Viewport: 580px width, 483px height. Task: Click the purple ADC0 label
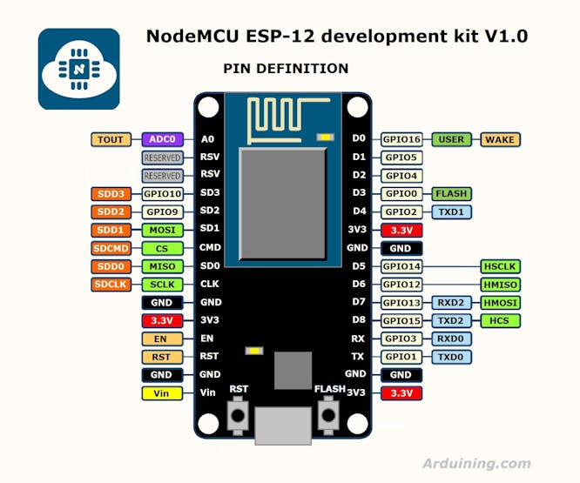pyautogui.click(x=162, y=139)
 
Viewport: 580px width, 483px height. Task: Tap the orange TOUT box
pyautogui.click(x=111, y=139)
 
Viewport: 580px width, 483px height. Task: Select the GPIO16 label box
pyautogui.click(x=401, y=139)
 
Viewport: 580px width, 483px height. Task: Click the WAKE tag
pyautogui.click(x=500, y=139)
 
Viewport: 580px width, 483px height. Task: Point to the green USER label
pyautogui.click(x=451, y=139)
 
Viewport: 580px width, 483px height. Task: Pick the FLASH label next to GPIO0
pyautogui.click(x=451, y=194)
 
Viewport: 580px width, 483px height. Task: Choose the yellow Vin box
pyautogui.click(x=162, y=393)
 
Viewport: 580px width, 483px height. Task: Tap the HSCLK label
pyautogui.click(x=500, y=266)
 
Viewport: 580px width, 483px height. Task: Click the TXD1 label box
pyautogui.click(x=451, y=212)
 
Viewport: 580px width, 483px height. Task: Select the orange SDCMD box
pyautogui.click(x=111, y=248)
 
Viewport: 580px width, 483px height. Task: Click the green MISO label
pyautogui.click(x=162, y=266)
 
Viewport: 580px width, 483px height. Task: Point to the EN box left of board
pyautogui.click(x=162, y=339)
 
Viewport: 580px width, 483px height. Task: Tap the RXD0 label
pyautogui.click(x=451, y=339)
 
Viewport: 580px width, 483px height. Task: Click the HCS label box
pyautogui.click(x=500, y=321)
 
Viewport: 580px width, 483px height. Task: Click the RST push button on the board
pyautogui.click(x=238, y=415)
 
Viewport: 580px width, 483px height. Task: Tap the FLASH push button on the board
pyautogui.click(x=328, y=415)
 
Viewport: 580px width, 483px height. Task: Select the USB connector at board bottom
pyautogui.click(x=283, y=426)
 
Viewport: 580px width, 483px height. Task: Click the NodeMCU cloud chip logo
pyautogui.click(x=78, y=69)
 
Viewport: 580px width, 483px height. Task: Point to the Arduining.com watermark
pyautogui.click(x=476, y=463)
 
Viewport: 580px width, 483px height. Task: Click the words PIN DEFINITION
pyautogui.click(x=286, y=69)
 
